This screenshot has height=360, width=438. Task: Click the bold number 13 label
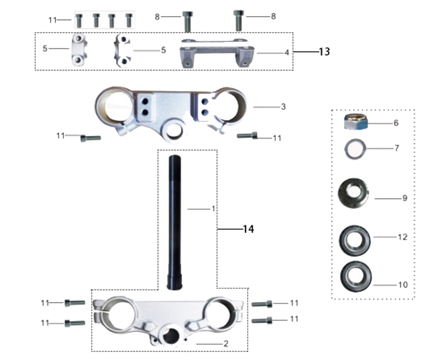coord(324,52)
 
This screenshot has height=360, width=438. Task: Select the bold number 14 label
coord(248,229)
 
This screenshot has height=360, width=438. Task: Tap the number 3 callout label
coord(283,107)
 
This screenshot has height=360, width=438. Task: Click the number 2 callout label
coord(226,344)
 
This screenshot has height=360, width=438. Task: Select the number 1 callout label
coord(213,209)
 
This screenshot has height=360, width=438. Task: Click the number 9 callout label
coord(405,198)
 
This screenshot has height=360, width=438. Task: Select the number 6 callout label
coord(396,123)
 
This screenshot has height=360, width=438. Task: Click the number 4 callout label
coord(286,53)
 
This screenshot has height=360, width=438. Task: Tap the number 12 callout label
coord(403,237)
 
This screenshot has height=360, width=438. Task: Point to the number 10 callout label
coord(403,285)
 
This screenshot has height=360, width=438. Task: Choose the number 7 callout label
coord(397,148)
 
